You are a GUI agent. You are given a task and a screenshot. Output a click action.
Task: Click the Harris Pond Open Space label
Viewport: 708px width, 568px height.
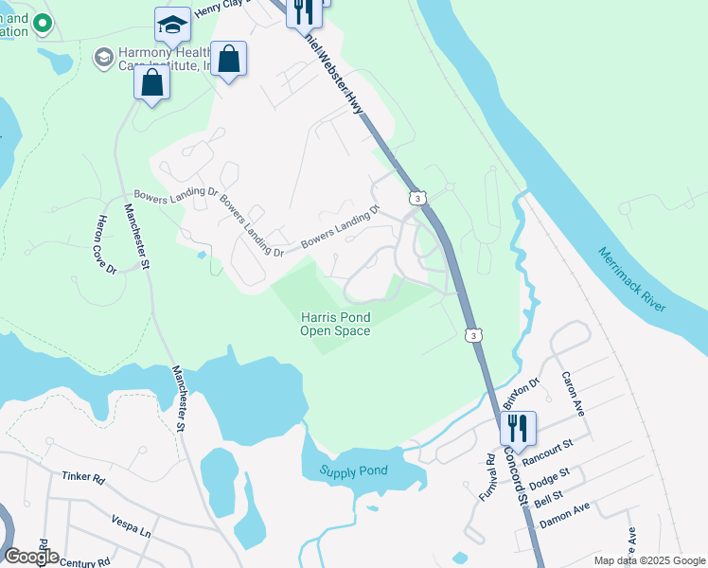click(335, 324)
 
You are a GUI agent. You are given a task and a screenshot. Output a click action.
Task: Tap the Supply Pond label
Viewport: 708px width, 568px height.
click(353, 471)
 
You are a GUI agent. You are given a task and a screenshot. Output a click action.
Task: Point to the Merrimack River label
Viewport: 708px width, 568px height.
click(632, 279)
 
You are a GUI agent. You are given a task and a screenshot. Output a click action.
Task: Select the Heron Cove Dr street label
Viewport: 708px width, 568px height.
click(105, 245)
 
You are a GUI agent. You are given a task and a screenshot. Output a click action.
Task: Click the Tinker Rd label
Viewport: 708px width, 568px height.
click(83, 478)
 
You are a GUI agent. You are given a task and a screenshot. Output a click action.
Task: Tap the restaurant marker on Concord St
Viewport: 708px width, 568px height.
click(519, 428)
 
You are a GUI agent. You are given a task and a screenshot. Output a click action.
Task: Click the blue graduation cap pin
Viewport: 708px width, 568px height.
click(172, 26)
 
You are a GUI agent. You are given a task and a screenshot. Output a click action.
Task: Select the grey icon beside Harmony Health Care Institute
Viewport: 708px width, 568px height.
click(101, 59)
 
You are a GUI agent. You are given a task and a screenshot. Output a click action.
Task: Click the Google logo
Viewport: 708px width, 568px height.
click(31, 556)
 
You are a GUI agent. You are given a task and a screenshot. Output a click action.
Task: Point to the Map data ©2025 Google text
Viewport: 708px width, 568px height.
click(649, 560)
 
